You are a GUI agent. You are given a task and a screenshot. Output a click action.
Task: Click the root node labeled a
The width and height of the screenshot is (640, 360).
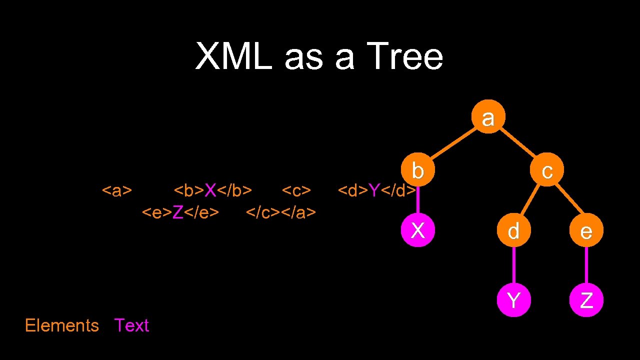point(488,117)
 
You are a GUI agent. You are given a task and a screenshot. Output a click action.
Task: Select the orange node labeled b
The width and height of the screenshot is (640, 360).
point(417,170)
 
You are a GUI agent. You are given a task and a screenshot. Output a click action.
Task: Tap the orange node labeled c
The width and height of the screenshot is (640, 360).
point(547,170)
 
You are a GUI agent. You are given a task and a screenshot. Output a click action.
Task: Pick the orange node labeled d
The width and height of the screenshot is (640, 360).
point(513,230)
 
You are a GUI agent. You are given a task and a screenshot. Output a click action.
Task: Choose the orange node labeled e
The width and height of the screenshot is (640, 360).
point(586,230)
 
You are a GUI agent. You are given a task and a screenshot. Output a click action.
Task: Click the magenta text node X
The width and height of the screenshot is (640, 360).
point(417,230)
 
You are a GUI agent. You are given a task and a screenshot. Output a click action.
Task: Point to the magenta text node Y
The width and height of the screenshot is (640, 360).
point(513,300)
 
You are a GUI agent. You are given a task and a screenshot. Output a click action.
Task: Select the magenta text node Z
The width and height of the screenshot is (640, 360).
point(586,300)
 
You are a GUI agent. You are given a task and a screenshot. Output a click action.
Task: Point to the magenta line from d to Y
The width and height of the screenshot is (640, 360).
point(513,265)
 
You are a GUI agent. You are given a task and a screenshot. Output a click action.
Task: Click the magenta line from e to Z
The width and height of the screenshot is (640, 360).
point(586,265)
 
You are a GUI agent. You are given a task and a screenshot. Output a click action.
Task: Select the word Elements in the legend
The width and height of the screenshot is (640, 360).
point(62,325)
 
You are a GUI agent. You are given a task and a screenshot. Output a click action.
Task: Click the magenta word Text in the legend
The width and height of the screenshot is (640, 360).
point(131,325)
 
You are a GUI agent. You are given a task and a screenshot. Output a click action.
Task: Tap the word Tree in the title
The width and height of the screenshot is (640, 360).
point(404,56)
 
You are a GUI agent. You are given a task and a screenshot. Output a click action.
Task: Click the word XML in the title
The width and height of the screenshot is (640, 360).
point(233,56)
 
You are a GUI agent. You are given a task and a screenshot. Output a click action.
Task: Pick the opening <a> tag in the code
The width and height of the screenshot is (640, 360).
point(117,190)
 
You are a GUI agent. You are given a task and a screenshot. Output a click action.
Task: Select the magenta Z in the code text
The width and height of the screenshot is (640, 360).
point(177,212)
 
